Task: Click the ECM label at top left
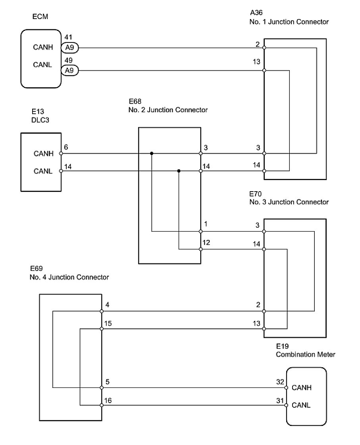[x=40, y=17]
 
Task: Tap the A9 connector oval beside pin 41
[x=69, y=48]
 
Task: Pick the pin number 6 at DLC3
[x=66, y=147]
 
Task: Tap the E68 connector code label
[x=135, y=101]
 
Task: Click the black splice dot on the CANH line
[x=152, y=153]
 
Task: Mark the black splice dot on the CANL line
[x=179, y=171]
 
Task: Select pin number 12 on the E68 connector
[x=206, y=242]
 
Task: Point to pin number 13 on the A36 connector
[x=256, y=62]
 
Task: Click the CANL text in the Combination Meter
[x=301, y=405]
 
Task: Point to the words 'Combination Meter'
[x=305, y=354]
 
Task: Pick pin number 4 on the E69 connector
[x=107, y=305]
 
